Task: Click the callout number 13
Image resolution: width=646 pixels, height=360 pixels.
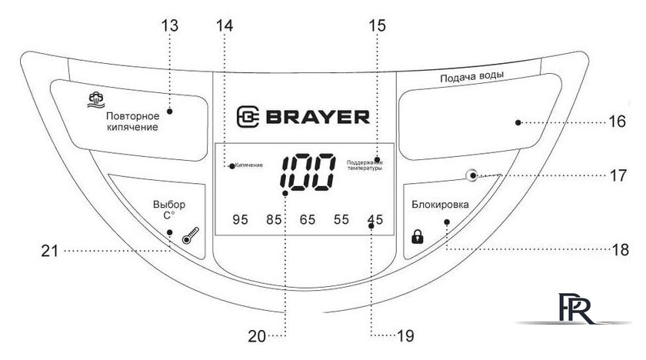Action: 171,25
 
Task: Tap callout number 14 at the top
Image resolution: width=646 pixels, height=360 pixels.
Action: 224,25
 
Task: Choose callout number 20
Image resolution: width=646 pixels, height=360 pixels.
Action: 256,335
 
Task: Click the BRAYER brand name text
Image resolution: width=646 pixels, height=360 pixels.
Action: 318,117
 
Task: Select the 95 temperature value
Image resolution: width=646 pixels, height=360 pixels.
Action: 240,220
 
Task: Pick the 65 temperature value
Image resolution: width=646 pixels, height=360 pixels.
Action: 308,220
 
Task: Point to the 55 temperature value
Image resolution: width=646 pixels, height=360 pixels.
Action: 341,220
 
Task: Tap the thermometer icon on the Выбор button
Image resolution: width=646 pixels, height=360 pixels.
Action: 187,239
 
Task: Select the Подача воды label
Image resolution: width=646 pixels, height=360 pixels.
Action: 471,78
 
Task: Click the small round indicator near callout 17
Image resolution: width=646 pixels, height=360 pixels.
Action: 471,175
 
